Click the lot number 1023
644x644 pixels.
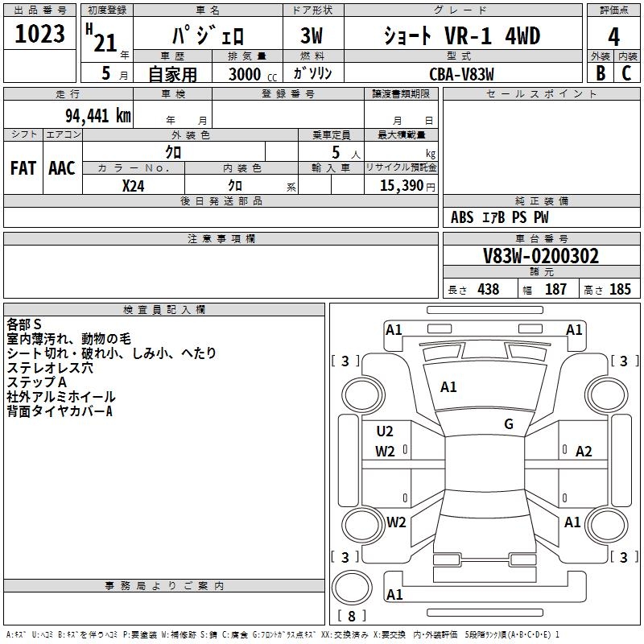point(39,34)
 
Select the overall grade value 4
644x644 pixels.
point(613,37)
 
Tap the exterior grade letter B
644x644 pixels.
point(601,73)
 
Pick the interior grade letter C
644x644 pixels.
point(626,73)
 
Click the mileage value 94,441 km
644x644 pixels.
point(97,115)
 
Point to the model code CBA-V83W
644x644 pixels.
point(461,74)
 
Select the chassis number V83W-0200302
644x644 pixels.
point(541,256)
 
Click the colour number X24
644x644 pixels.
point(134,186)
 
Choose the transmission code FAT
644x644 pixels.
point(23,168)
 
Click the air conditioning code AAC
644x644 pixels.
point(62,168)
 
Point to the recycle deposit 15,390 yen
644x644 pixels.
point(407,186)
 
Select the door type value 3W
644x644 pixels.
point(312,35)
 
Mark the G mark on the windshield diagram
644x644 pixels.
point(509,424)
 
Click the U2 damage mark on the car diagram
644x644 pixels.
point(385,431)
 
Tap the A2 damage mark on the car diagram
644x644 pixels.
point(584,452)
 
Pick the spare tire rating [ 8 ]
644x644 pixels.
point(352,616)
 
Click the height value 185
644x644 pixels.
point(620,289)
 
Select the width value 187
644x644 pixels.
point(555,289)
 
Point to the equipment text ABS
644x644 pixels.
point(462,217)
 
